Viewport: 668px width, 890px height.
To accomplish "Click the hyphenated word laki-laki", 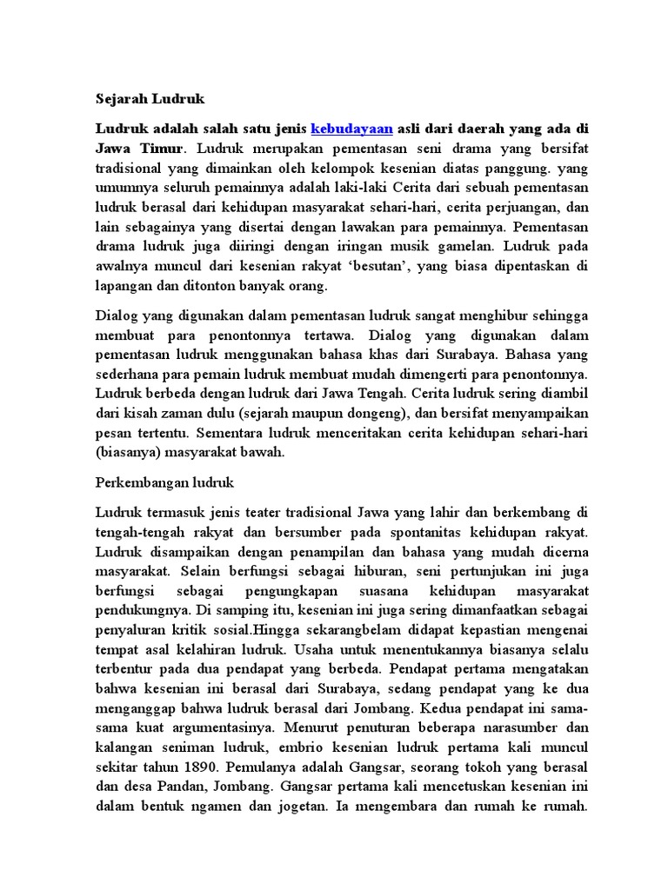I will (339, 188).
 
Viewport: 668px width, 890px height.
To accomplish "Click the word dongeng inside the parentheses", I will (352, 414).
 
